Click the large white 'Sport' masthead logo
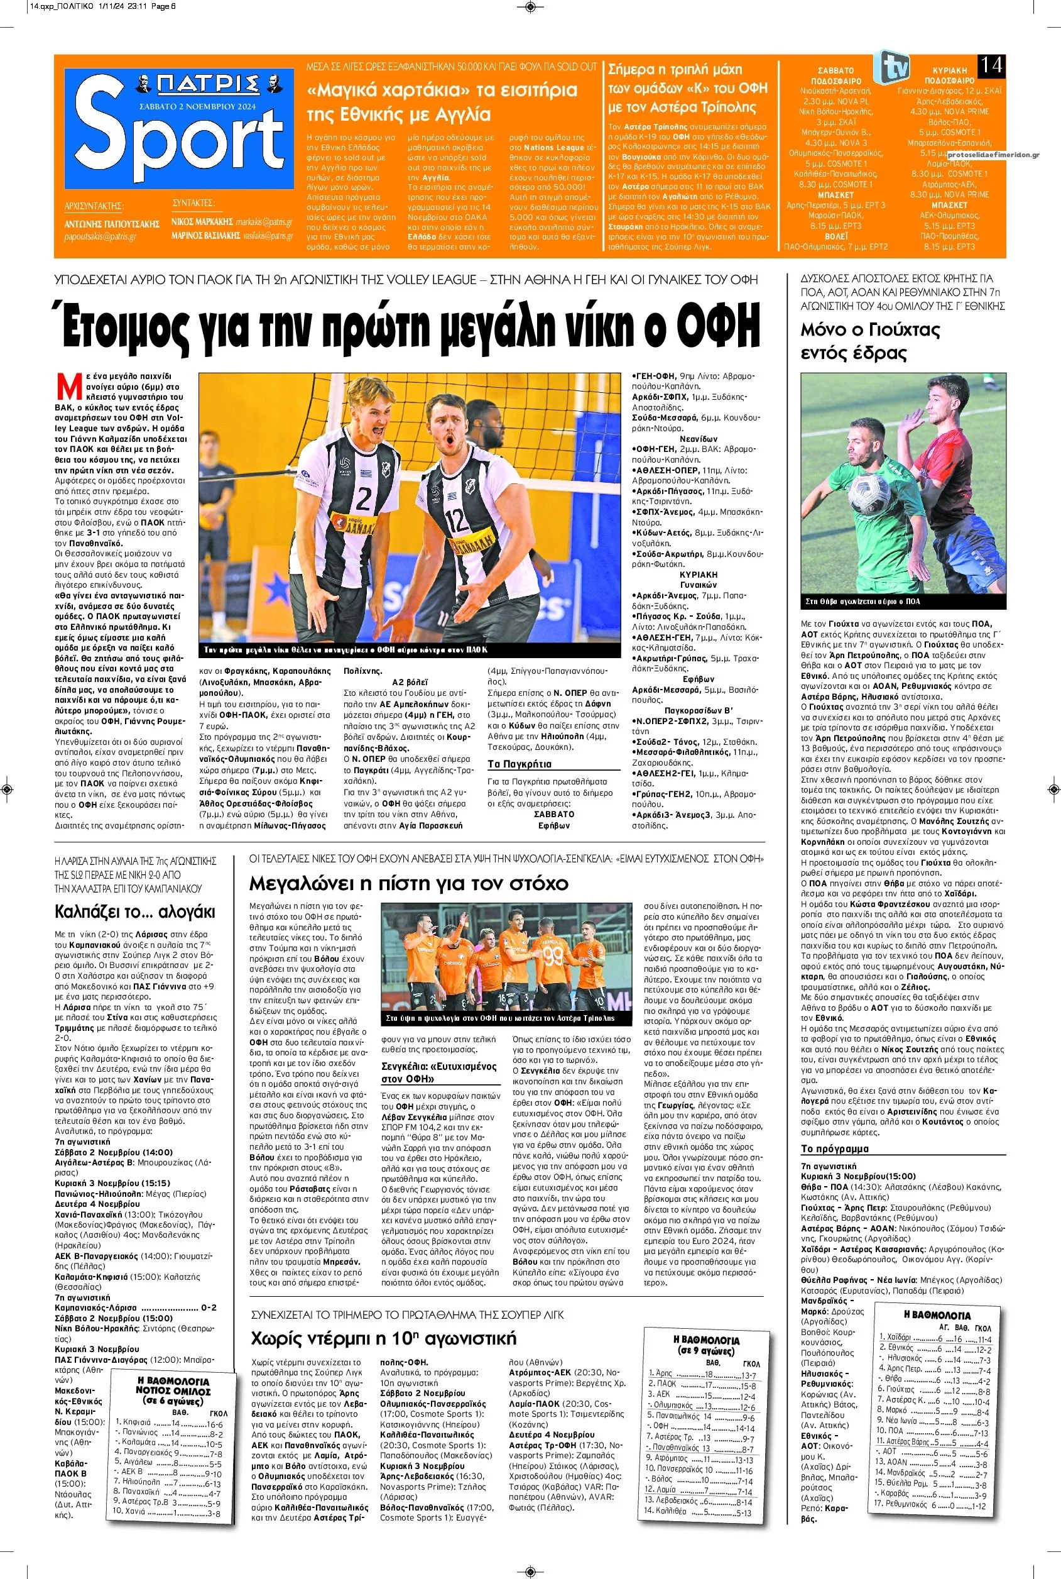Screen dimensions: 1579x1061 click(x=178, y=144)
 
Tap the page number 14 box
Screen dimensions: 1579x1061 click(x=991, y=65)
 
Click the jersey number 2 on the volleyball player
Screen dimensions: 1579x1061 click(x=363, y=499)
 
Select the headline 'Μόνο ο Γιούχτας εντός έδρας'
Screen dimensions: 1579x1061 click(x=861, y=341)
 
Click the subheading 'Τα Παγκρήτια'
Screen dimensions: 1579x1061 click(x=520, y=764)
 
